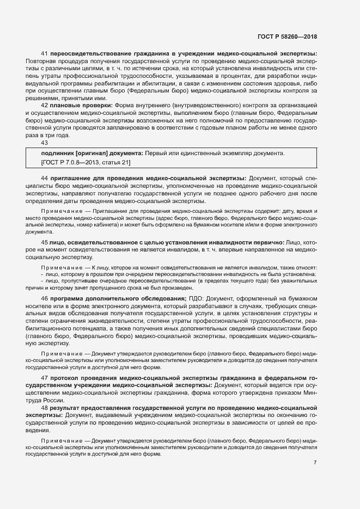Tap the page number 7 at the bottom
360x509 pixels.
pyautogui.click(x=315, y=462)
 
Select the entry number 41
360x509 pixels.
pyautogui.click(x=45, y=54)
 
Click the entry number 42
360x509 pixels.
pyautogui.click(x=45, y=104)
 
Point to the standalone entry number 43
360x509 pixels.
pyautogui.click(x=45, y=143)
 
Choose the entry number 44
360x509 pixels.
pyautogui.click(x=45, y=178)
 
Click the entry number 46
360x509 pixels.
pyautogui.click(x=45, y=298)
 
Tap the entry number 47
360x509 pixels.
pyautogui.click(x=45, y=377)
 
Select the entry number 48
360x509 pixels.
pyautogui.click(x=45, y=408)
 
